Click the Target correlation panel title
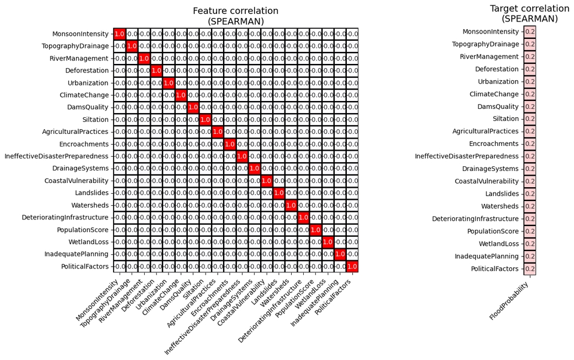coord(529,14)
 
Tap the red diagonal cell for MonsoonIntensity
coord(119,34)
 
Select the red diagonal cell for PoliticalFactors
coord(352,266)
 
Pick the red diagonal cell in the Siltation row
coord(205,120)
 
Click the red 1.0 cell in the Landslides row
coord(279,193)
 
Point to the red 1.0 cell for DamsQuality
coord(193,107)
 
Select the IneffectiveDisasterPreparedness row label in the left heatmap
coord(56,156)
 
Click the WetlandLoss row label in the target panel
coord(499,244)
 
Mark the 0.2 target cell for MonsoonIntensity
coord(530,32)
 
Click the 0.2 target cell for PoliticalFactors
coord(530,269)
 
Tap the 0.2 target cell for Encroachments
coord(530,144)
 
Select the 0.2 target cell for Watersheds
coord(530,206)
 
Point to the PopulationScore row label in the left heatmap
coord(83,230)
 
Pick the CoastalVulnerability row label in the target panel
coord(487,181)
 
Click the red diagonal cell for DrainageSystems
coord(254,168)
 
